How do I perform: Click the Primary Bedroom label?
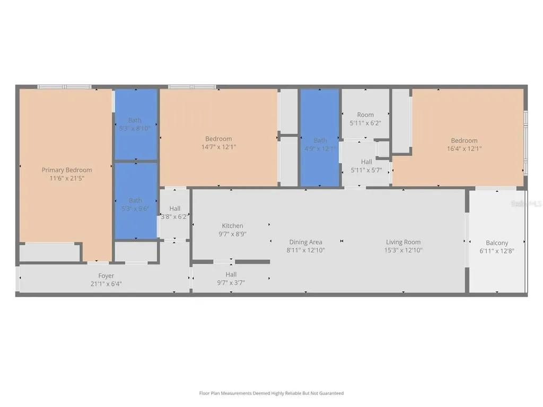tap(67, 170)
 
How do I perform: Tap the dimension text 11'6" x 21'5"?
tap(67, 178)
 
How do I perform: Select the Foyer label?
tap(106, 276)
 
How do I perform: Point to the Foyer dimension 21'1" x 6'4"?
tap(106, 284)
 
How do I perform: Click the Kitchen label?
tap(232, 226)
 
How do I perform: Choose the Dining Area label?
tap(305, 242)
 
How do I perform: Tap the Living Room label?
tap(404, 242)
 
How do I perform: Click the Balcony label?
tap(497, 243)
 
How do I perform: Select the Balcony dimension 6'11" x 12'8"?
tap(497, 251)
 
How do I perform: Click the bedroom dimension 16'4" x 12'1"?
tap(464, 148)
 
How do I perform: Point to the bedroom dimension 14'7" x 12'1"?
tap(218, 147)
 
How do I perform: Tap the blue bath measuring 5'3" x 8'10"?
tap(135, 124)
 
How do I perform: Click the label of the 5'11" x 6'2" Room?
tap(365, 114)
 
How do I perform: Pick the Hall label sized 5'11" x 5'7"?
tap(366, 162)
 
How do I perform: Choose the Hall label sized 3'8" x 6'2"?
tap(175, 209)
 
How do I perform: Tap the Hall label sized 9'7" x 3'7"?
tap(231, 275)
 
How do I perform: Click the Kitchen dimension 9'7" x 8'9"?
tap(232, 234)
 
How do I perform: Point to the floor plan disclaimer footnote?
tap(271, 393)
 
